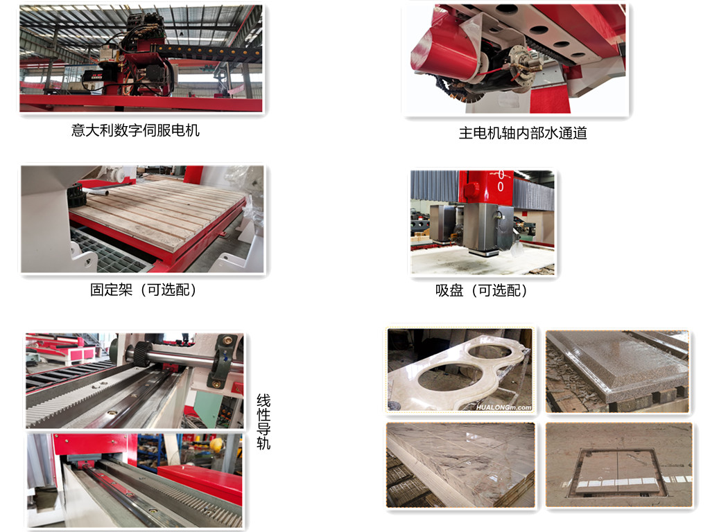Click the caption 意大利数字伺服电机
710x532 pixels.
point(135,130)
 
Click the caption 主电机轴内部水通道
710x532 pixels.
point(523,133)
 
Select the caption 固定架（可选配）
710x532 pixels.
point(143,290)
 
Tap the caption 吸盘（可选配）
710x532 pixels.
point(482,290)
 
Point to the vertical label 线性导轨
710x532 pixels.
point(263,422)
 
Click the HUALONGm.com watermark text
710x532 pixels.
point(503,407)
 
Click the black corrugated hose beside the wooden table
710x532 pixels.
point(76,195)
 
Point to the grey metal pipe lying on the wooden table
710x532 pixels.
point(96,193)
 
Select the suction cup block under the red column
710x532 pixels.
point(483,229)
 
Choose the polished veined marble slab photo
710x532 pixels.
point(460,465)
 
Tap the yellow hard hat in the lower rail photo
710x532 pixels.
point(216,445)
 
